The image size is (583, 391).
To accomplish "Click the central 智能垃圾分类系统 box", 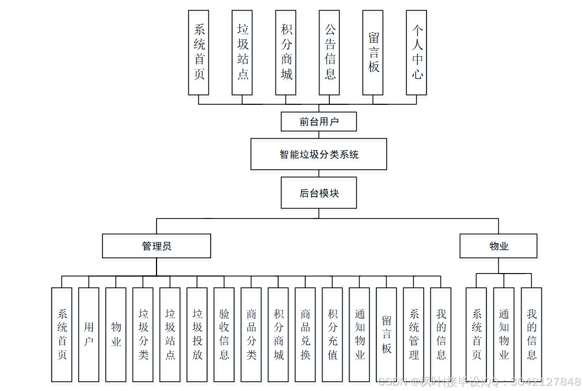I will coord(318,154).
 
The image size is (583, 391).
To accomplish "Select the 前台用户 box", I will coord(318,122).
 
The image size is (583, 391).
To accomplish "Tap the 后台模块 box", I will coord(318,193).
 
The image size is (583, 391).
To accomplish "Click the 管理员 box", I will coord(157,246).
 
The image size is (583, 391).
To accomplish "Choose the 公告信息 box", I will coord(330,52).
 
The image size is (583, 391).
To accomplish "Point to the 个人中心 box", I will coord(417,52).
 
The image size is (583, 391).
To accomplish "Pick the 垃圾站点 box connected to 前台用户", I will coord(242,52).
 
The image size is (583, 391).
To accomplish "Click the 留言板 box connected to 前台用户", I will coord(373,52).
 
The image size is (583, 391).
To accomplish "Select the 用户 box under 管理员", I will coord(89,334).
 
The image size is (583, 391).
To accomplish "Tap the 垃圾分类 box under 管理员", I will coord(143,334).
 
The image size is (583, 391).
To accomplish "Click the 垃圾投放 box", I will coord(197,334).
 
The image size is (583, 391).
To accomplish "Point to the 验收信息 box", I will coord(224,334).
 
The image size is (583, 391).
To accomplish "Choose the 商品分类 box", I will coord(251,334).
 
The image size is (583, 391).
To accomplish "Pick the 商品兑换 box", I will coord(305,334).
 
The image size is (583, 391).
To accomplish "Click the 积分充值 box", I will coord(332,334).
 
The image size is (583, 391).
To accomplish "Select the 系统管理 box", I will coord(413,334).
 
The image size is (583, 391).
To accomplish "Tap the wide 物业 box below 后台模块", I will coord(498,246).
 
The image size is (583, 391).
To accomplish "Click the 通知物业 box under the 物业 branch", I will coord(504,334).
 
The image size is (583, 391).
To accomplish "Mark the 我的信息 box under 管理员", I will coord(441,334).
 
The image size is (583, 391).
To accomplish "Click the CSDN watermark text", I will coord(479,381).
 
